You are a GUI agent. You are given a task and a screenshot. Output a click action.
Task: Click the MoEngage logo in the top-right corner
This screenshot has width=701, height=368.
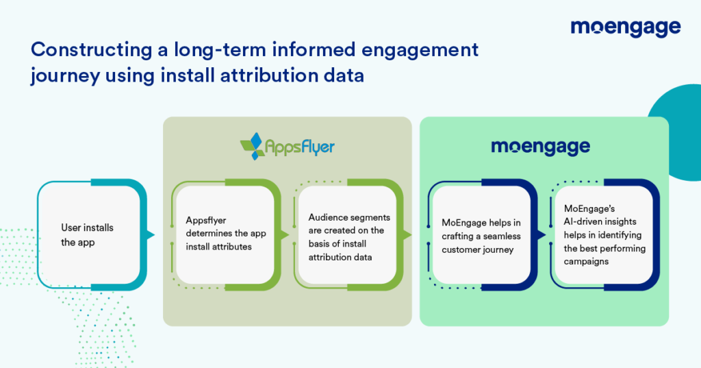pyautogui.click(x=625, y=27)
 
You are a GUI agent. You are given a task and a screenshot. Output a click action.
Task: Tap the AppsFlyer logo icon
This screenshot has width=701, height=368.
pyautogui.click(x=254, y=145)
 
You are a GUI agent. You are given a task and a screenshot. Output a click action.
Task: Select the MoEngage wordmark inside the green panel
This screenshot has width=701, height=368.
pyautogui.click(x=541, y=147)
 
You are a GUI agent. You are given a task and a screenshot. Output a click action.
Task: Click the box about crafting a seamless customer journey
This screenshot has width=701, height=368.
pyautogui.click(x=481, y=235)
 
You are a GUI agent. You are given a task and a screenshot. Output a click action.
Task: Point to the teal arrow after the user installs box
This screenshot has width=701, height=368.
pyautogui.click(x=151, y=235)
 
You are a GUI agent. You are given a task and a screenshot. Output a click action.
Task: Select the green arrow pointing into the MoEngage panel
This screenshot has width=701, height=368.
pyautogui.click(x=408, y=235)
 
